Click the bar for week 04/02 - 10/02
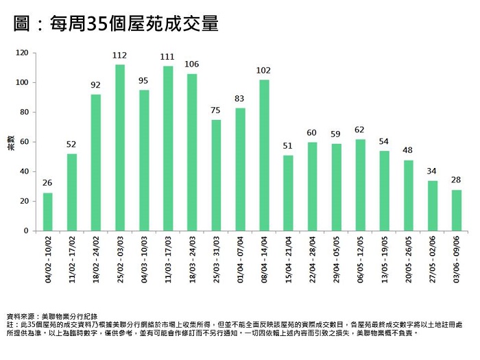tap(48, 212)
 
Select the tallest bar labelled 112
tap(120, 147)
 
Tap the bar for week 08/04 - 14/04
tap(264, 155)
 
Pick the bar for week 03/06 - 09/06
tap(457, 210)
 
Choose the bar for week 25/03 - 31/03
tap(216, 175)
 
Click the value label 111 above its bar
tap(168, 57)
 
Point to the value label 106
tap(192, 64)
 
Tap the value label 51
tap(288, 146)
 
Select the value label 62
tap(361, 130)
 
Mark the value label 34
tap(433, 171)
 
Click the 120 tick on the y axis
tap(22, 53)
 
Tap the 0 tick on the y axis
tap(27, 231)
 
